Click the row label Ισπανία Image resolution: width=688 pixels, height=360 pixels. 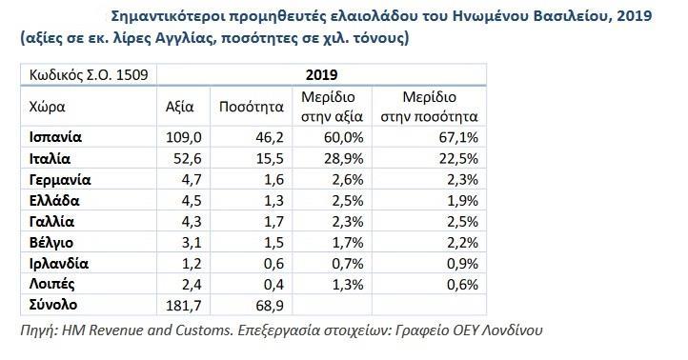(x=56, y=137)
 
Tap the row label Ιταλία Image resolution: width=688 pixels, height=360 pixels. (x=51, y=158)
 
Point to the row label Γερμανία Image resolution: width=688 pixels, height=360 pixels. (x=60, y=179)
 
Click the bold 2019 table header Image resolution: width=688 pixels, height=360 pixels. (x=322, y=73)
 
